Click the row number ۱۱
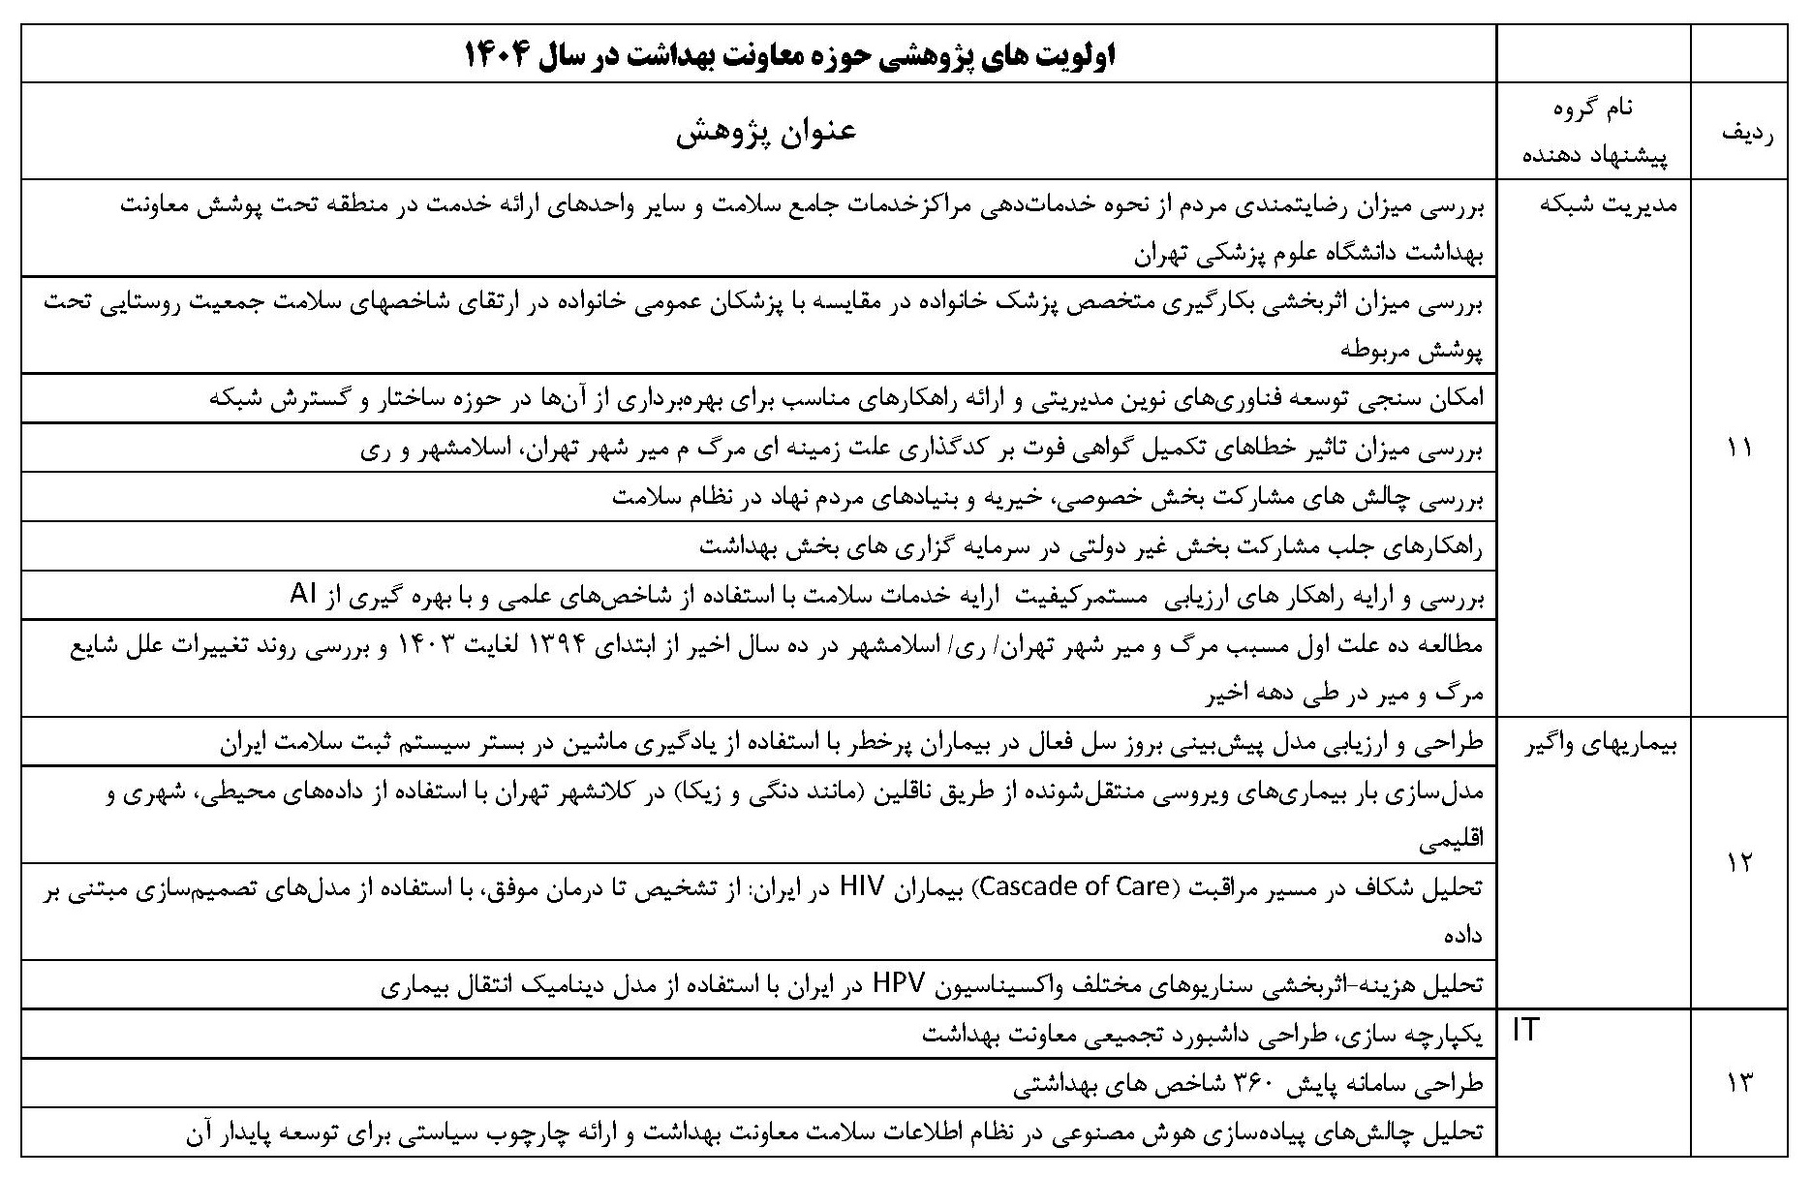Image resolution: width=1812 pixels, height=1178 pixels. (1738, 448)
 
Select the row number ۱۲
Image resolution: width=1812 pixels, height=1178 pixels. (1738, 862)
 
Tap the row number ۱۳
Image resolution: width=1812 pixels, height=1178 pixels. (1738, 1083)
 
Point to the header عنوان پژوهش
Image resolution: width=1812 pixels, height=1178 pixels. (765, 133)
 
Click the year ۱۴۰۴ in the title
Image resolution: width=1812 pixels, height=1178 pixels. (500, 55)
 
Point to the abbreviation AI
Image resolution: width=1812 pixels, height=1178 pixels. (305, 595)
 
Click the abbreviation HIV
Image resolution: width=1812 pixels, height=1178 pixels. (870, 886)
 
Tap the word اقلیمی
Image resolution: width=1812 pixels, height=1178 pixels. (1451, 839)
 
